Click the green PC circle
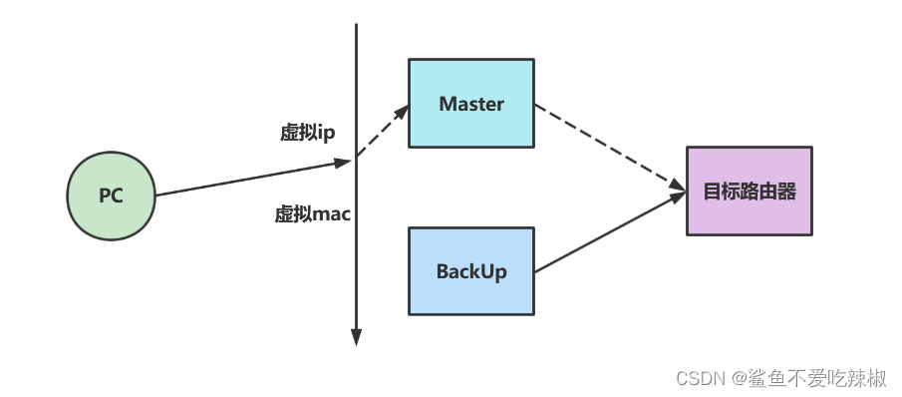[x=111, y=196]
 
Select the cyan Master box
[x=471, y=104]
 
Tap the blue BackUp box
[x=471, y=270]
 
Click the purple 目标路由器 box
[x=750, y=191]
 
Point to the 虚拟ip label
[x=307, y=134]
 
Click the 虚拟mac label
[x=312, y=213]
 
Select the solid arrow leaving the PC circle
[x=249, y=177]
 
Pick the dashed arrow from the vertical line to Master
[x=383, y=131]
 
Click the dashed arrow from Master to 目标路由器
[x=608, y=146]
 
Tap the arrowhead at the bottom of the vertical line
[x=356, y=336]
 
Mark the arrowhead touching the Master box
[x=402, y=111]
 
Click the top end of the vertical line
[x=356, y=27]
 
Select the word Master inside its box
[x=471, y=104]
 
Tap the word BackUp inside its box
[x=471, y=270]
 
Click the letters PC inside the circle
[x=111, y=196]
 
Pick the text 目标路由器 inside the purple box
[x=750, y=192]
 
